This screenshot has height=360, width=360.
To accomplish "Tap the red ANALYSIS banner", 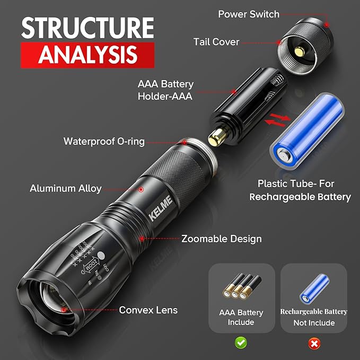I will click(x=87, y=55).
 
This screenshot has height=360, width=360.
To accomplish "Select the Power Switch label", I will click(x=249, y=14).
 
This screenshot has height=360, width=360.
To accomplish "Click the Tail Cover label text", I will click(x=216, y=41).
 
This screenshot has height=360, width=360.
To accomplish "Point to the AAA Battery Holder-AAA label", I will click(x=165, y=90).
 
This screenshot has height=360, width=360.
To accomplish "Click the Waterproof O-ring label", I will click(x=104, y=142).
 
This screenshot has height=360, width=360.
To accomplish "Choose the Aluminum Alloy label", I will click(x=66, y=188).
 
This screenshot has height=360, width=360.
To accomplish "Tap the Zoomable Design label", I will click(x=222, y=239).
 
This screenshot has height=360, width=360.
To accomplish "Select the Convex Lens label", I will click(x=148, y=310).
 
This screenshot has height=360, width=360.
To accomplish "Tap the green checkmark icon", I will click(x=241, y=343).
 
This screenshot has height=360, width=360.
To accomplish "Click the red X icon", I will click(x=314, y=344).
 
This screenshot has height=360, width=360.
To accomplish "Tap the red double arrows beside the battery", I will click(x=278, y=120).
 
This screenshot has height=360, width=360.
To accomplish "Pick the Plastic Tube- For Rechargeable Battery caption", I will click(x=304, y=190).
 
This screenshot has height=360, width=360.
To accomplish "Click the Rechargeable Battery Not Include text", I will click(x=314, y=317).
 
